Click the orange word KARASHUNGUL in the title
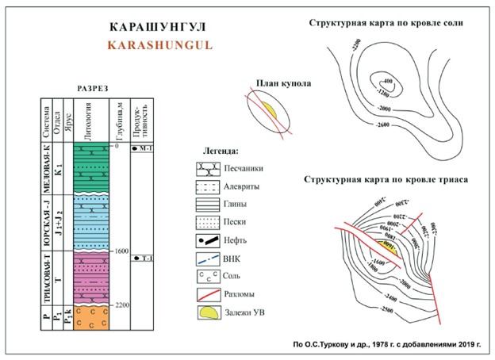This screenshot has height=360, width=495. [160, 45]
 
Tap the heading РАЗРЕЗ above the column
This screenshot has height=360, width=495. [94, 88]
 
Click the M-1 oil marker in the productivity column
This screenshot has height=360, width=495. [144, 149]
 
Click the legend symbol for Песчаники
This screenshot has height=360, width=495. [207, 168]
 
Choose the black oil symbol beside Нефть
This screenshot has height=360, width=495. [207, 239]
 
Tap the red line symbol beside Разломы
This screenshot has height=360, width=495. [207, 294]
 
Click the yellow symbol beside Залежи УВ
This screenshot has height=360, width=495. [207, 312]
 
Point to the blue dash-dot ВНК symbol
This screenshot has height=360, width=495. [207, 258]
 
